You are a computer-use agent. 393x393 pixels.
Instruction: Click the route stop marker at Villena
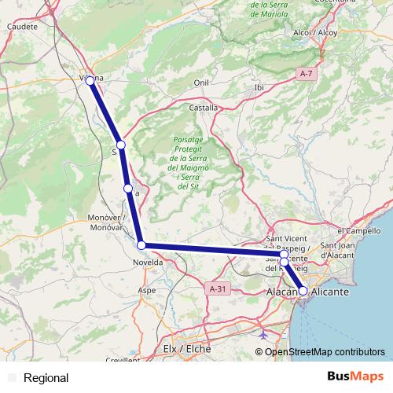90,81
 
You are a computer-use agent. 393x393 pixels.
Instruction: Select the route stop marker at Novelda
141,245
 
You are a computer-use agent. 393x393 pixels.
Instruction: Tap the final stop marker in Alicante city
303,291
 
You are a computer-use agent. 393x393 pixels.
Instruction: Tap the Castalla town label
204,107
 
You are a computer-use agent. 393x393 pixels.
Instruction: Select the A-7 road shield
307,73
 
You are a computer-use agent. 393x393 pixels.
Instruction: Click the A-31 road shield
219,289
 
